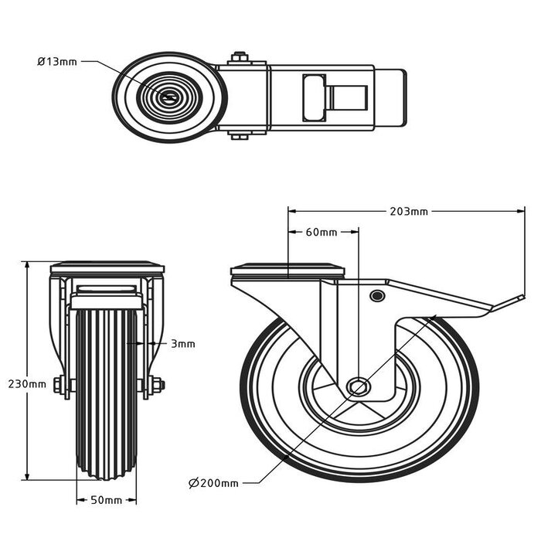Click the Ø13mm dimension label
57,62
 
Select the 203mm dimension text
409,211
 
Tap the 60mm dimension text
322,232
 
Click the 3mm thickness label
182,344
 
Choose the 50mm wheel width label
107,500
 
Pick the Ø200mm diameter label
213,483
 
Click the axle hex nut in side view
358,386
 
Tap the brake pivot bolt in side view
377,296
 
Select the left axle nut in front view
59,384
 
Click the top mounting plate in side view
288,271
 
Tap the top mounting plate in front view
107,267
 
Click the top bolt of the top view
240,56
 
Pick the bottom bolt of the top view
240,137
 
